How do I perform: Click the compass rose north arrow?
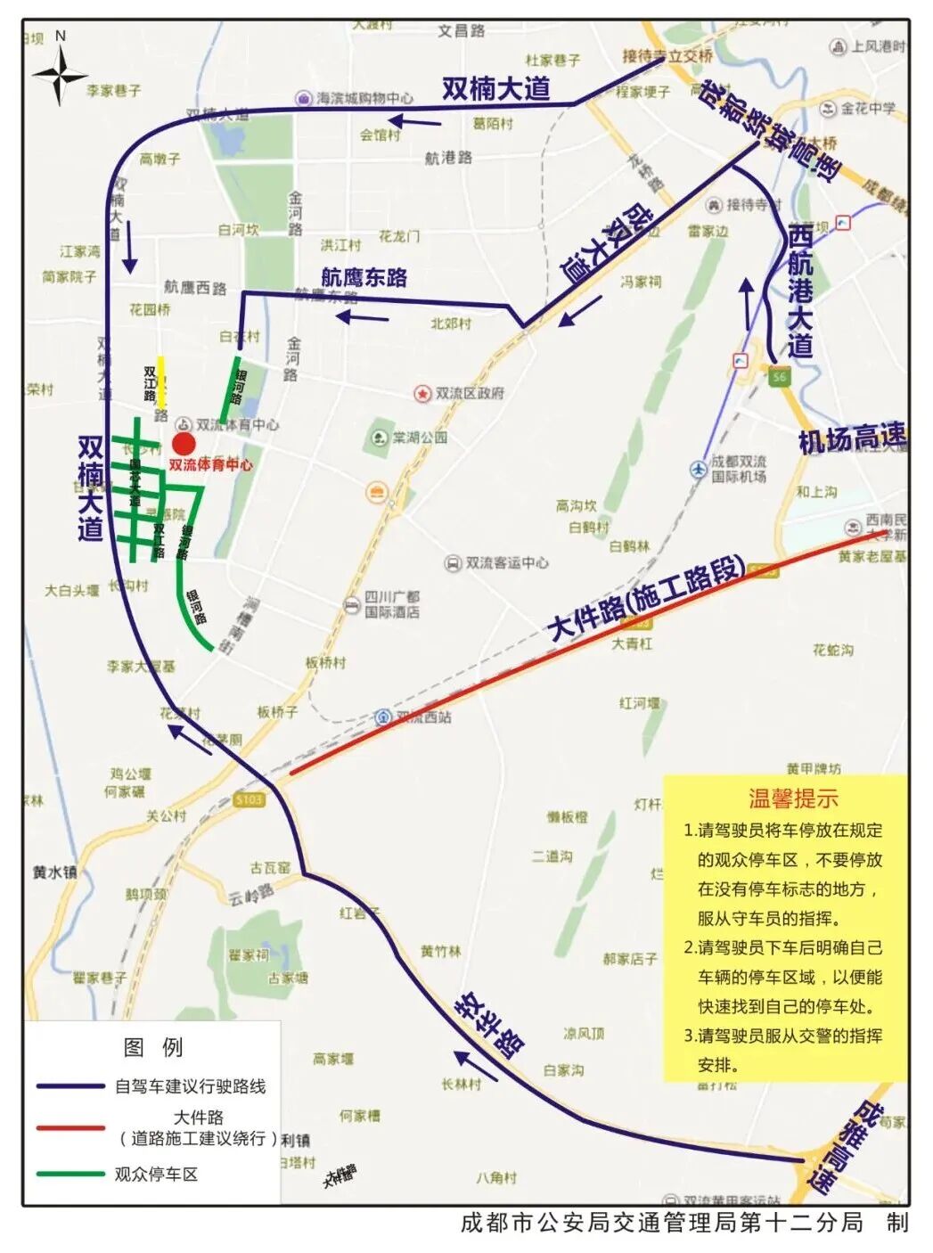pyautogui.click(x=60, y=70)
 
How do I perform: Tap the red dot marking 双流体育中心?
pyautogui.click(x=184, y=444)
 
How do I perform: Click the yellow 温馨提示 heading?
pyautogui.click(x=792, y=798)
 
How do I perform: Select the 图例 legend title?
pyautogui.click(x=153, y=1047)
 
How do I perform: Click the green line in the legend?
pyautogui.click(x=70, y=1174)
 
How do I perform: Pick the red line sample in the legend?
pyautogui.click(x=70, y=1128)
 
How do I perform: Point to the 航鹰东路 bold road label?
pyautogui.click(x=364, y=277)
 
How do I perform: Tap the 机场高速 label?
pyautogui.click(x=851, y=438)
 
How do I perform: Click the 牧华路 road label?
pyautogui.click(x=489, y=1024)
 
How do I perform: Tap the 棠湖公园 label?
pyautogui.click(x=420, y=438)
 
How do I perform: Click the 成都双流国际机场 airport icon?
pyautogui.click(x=699, y=469)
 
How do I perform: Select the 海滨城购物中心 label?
pyautogui.click(x=364, y=98)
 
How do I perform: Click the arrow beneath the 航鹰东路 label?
pyautogui.click(x=363, y=316)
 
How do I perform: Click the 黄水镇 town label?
pyautogui.click(x=55, y=872)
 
